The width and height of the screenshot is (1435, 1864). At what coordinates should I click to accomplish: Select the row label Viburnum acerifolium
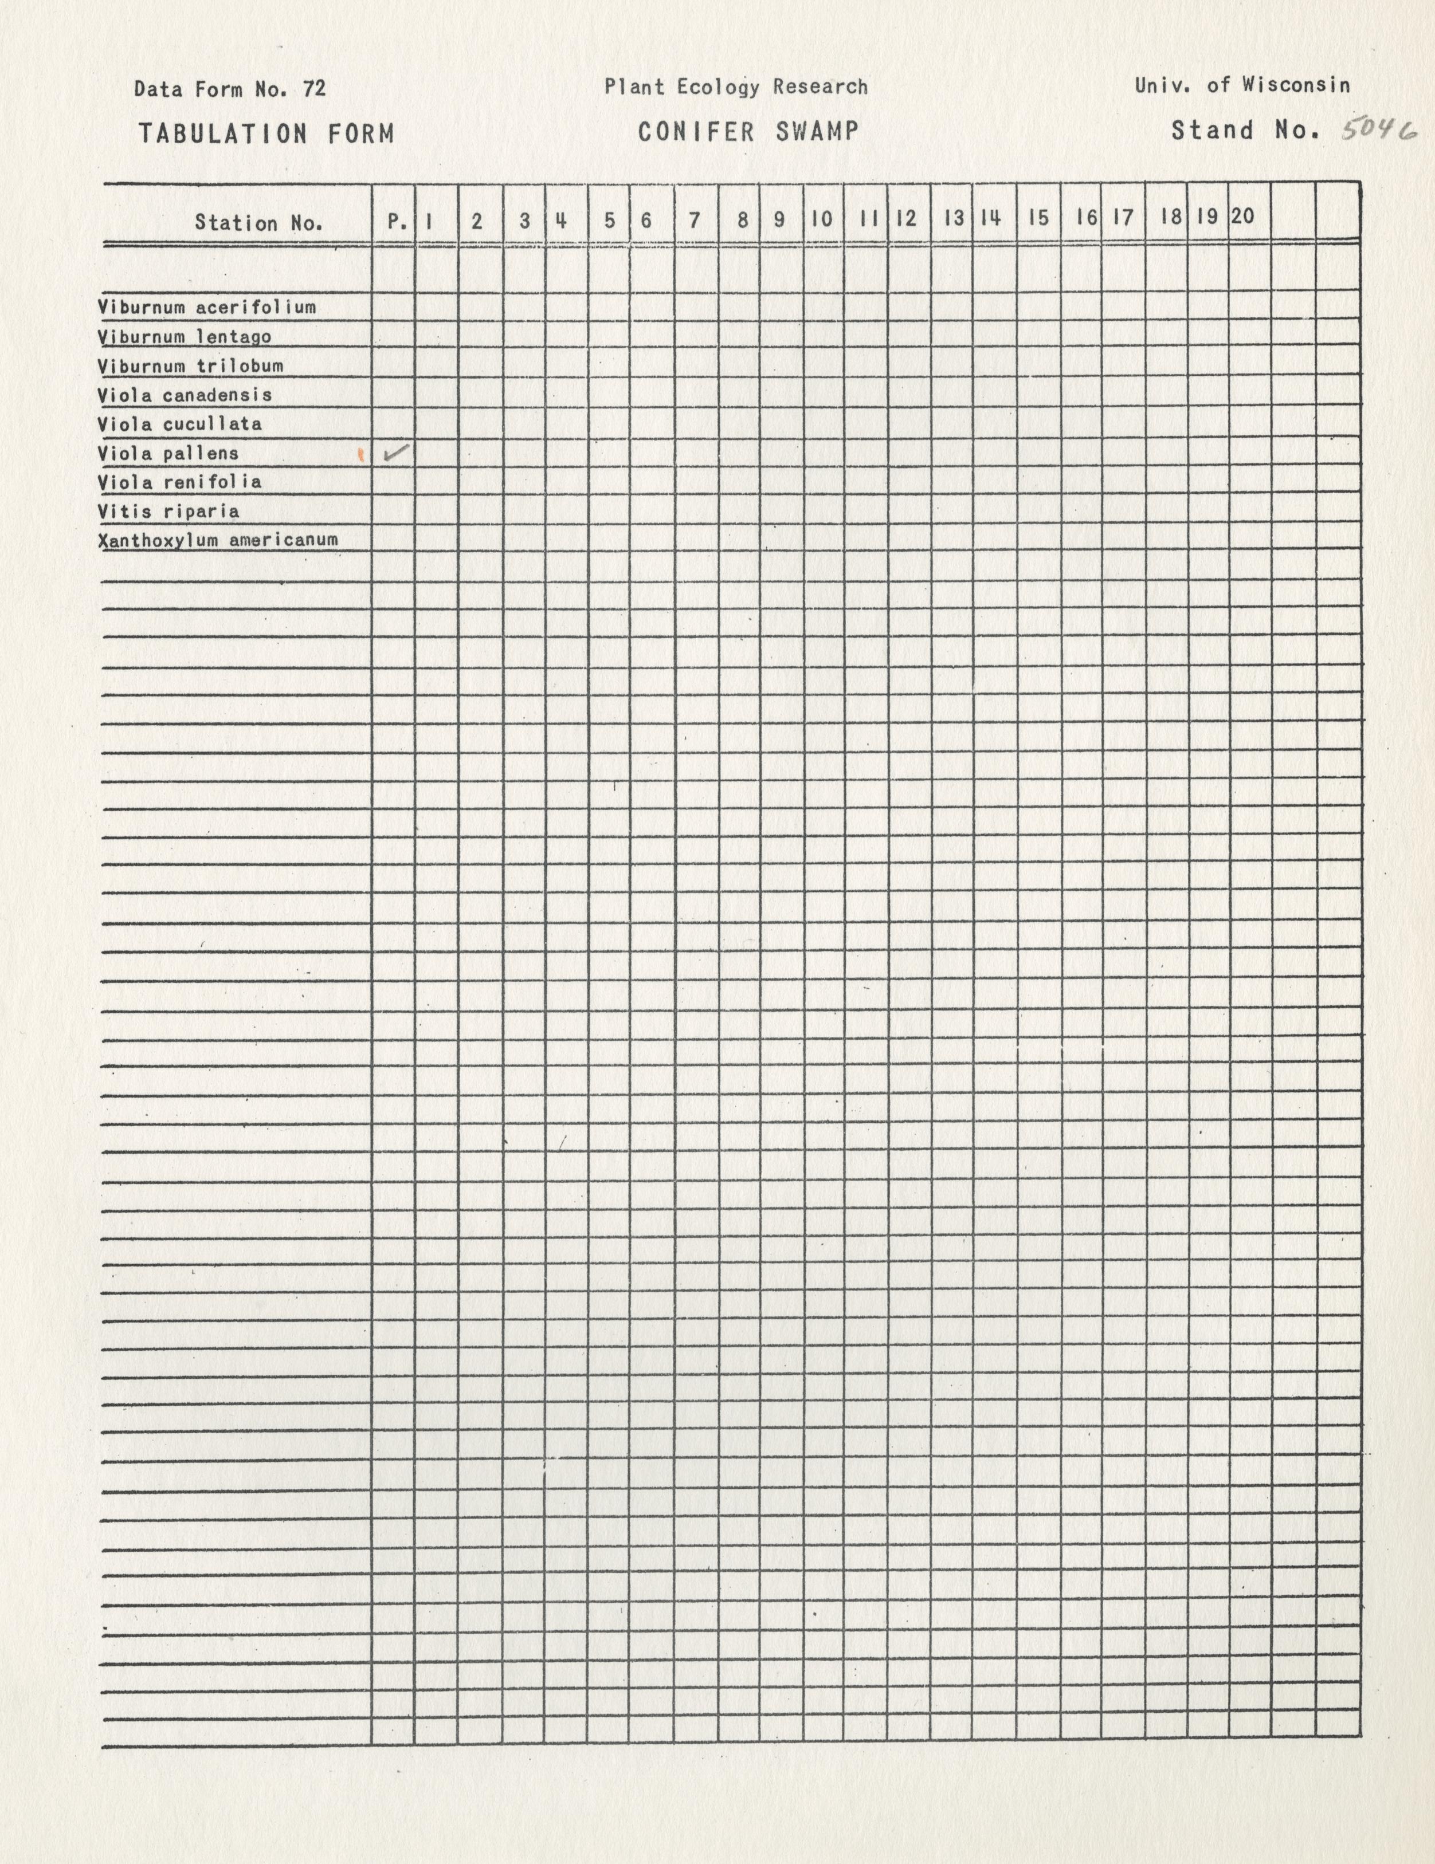(x=206, y=307)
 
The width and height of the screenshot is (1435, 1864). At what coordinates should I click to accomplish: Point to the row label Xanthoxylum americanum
(x=218, y=540)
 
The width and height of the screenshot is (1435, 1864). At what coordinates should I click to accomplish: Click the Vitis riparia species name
(x=168, y=511)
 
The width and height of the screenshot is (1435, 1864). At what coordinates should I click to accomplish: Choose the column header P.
(x=396, y=221)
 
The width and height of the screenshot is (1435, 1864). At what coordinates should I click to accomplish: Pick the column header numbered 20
(x=1243, y=217)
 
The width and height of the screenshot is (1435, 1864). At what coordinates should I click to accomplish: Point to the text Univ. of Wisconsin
(x=1242, y=85)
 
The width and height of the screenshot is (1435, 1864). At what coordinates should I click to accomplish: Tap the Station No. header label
(x=258, y=223)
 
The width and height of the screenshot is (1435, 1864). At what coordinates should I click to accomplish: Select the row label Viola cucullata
(x=179, y=424)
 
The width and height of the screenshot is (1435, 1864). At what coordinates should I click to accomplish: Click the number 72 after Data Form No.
(x=314, y=89)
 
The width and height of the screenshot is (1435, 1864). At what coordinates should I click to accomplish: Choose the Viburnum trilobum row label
(x=190, y=366)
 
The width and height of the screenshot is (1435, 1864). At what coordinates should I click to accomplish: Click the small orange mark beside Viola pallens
(x=362, y=455)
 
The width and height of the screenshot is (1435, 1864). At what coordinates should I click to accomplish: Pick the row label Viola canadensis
(x=185, y=395)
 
